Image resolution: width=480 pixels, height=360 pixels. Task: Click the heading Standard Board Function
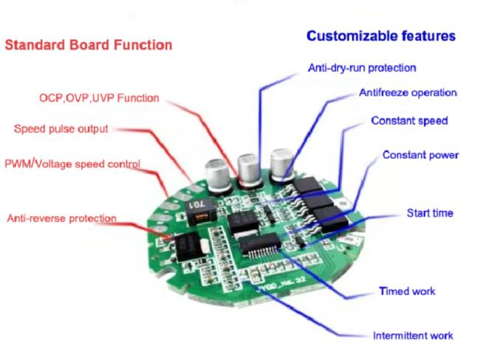89,45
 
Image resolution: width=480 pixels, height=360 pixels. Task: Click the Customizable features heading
381,36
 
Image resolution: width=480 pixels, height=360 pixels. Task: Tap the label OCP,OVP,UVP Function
99,98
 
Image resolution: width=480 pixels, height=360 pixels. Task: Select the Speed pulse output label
61,129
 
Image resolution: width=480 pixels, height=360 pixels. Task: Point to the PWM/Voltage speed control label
72,164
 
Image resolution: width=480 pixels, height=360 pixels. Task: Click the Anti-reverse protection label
62,218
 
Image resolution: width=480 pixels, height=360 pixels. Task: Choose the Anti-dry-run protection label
362,68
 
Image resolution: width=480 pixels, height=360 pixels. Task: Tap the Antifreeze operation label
408,92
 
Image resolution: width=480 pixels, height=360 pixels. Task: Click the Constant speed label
409,120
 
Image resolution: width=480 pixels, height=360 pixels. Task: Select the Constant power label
421,155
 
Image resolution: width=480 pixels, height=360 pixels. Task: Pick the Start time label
430,213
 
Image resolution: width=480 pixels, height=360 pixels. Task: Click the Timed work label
407,291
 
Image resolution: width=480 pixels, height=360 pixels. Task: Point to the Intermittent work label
413,336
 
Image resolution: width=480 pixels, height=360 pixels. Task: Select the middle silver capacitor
250,170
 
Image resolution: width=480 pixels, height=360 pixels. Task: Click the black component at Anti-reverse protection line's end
188,246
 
